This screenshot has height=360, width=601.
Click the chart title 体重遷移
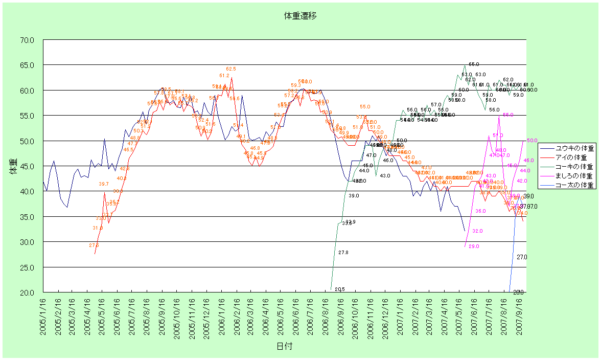[x=300, y=16]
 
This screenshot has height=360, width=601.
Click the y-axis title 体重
[x=13, y=166]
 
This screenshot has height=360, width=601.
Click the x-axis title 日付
[x=285, y=346]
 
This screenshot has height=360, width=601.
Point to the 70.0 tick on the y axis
[x=27, y=40]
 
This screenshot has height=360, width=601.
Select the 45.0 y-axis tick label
[x=27, y=166]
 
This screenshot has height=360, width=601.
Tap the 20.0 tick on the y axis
[x=27, y=292]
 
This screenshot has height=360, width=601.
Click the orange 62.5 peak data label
[x=231, y=69]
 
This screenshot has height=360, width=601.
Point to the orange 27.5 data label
[x=94, y=245]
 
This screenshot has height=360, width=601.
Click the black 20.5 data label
[x=340, y=289]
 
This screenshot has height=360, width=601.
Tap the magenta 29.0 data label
[x=474, y=246]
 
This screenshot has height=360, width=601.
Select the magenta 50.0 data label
[x=532, y=141]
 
